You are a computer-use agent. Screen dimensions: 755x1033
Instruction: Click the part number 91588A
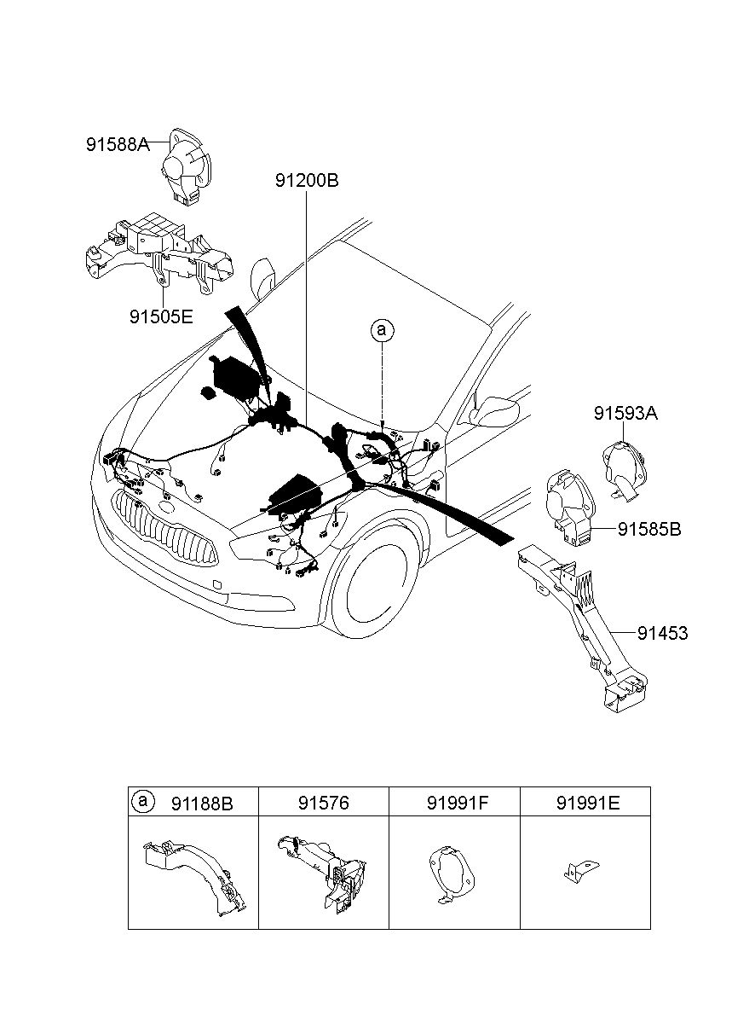(118, 145)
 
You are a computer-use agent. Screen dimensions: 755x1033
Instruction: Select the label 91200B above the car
(307, 180)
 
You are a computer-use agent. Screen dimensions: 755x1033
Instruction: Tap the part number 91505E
(161, 316)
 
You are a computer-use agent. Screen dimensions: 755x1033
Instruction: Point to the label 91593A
(625, 413)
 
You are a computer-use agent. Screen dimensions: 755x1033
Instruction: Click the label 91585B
(649, 529)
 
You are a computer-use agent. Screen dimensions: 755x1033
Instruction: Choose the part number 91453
(662, 633)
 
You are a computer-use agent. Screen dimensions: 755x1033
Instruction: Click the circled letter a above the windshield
(382, 331)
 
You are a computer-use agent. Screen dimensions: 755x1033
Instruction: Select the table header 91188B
(202, 804)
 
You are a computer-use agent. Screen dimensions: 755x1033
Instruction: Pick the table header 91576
(323, 803)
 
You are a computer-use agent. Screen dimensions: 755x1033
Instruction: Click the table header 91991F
(457, 803)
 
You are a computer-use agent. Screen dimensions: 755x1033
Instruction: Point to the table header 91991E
(588, 803)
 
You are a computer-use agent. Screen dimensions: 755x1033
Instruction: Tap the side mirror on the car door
(495, 411)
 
